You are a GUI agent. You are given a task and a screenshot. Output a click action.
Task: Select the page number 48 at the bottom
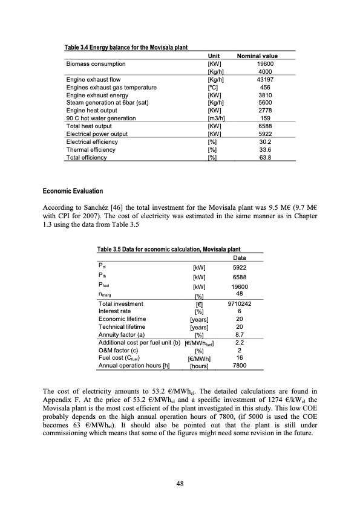pos(180,483)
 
